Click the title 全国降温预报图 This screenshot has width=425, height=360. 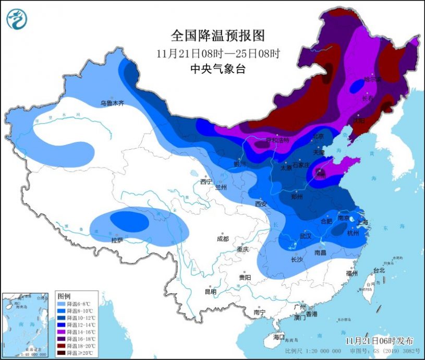point(218,35)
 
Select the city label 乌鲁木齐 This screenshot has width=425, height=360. point(112,103)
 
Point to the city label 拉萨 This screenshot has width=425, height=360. point(117,240)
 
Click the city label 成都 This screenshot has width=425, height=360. point(222,238)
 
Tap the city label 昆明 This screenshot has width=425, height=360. point(210,291)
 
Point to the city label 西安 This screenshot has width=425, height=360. point(261,203)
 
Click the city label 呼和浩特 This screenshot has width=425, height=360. point(277,140)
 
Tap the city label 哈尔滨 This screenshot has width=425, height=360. point(372,79)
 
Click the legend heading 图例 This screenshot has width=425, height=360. point(64,295)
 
